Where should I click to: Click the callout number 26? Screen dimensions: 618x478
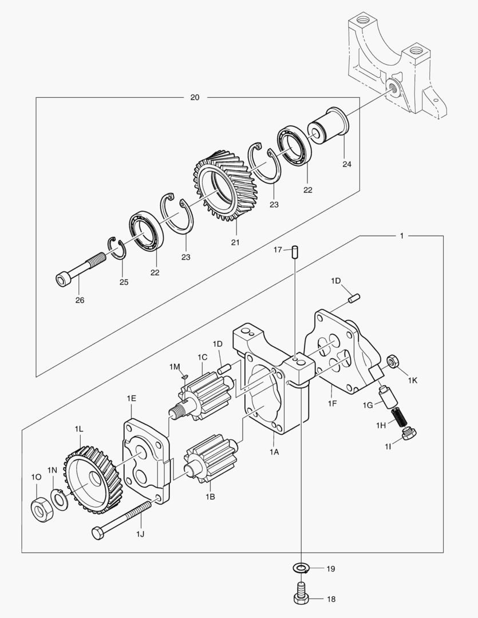[80, 300]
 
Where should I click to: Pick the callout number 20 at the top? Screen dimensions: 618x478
[195, 97]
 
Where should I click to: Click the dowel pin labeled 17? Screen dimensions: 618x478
[294, 251]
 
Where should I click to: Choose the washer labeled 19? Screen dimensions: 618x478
[301, 568]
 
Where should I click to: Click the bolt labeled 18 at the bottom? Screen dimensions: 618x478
[301, 592]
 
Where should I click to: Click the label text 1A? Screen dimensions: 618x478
[274, 451]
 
